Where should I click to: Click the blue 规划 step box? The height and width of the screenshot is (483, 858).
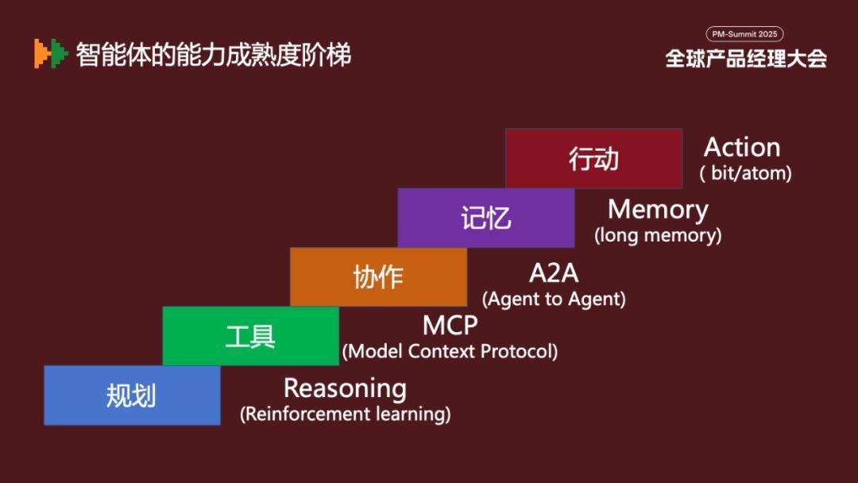(132, 395)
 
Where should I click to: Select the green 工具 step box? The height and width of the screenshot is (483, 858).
(250, 336)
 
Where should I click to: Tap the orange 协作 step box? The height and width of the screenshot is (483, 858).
(378, 276)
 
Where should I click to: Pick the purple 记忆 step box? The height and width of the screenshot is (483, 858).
(486, 218)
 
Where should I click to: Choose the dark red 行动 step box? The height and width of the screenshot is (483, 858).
(593, 159)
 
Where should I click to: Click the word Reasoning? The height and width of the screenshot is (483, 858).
(346, 389)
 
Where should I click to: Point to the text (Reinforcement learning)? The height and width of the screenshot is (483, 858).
(346, 414)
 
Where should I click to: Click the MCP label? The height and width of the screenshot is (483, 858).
(450, 326)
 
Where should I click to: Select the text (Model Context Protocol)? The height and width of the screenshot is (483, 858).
(450, 351)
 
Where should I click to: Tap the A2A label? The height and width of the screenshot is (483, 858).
(554, 273)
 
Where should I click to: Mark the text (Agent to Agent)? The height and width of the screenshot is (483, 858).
(554, 299)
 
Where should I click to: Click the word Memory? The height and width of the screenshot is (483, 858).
(659, 210)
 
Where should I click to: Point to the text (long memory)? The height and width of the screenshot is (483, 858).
(658, 236)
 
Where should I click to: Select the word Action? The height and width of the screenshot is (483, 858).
(742, 147)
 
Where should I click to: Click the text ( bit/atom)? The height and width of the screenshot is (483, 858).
(745, 173)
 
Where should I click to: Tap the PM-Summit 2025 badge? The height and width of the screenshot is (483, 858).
(744, 34)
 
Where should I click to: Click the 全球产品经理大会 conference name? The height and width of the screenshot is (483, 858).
(746, 59)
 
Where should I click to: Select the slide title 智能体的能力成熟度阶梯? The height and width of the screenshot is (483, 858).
(214, 55)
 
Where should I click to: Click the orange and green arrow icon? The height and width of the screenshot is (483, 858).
(51, 53)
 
